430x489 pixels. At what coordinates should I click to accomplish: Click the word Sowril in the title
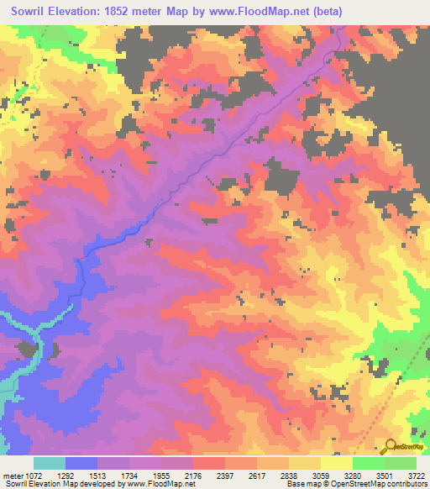coord(31,12)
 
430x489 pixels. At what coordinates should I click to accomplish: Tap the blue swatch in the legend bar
coord(81,463)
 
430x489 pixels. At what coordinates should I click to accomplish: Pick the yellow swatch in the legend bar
coord(336,463)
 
